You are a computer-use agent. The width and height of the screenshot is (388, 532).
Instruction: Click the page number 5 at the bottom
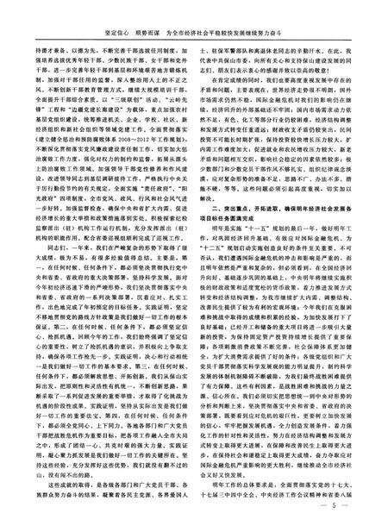pos(347,516)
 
